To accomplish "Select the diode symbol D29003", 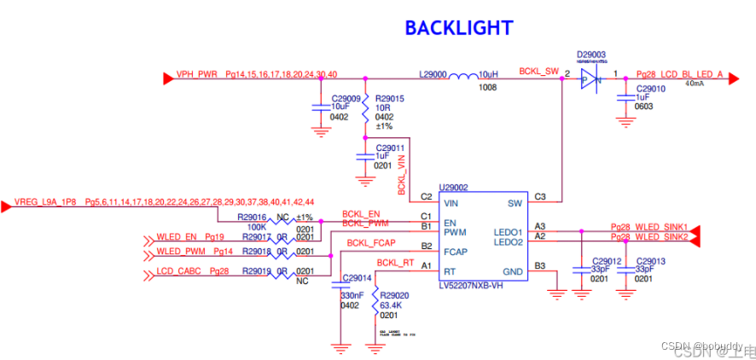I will pyautogui.click(x=590, y=78).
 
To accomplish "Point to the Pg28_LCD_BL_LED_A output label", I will pyautogui.click(x=679, y=74).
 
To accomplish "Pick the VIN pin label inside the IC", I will pyautogui.click(x=452, y=204).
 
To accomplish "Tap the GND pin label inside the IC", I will pyautogui.click(x=514, y=272).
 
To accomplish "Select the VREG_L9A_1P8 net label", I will pyautogui.click(x=45, y=202).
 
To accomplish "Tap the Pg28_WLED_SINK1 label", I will pyautogui.click(x=648, y=226).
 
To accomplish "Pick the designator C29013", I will pyautogui.click(x=650, y=261).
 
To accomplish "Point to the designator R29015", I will pyautogui.click(x=389, y=99).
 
